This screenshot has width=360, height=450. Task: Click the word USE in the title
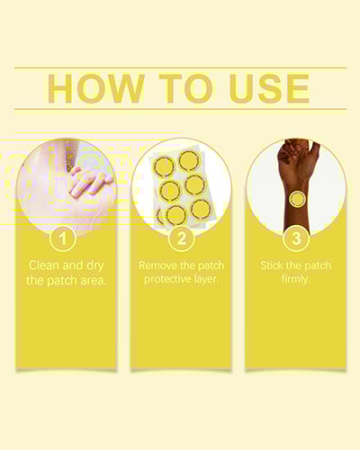[x=269, y=88]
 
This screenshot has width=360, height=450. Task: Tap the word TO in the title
[x=185, y=88]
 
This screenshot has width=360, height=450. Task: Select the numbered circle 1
[x=63, y=238]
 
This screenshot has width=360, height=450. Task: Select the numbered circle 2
[x=182, y=238]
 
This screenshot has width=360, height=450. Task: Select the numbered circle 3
[x=296, y=238]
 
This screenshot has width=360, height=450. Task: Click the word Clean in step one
[x=45, y=265]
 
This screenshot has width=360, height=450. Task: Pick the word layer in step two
[x=205, y=279]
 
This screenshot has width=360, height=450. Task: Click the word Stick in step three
[x=272, y=265]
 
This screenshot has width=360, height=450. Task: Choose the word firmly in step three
[x=295, y=279]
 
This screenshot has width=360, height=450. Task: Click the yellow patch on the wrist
[x=296, y=199]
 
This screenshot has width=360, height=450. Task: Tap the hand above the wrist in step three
[x=298, y=159]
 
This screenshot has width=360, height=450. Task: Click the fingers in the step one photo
[x=90, y=182]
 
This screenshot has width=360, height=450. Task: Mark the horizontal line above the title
[x=181, y=67]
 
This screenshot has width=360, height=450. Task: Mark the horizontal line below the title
[x=181, y=109]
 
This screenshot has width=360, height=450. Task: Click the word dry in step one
[x=94, y=266]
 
